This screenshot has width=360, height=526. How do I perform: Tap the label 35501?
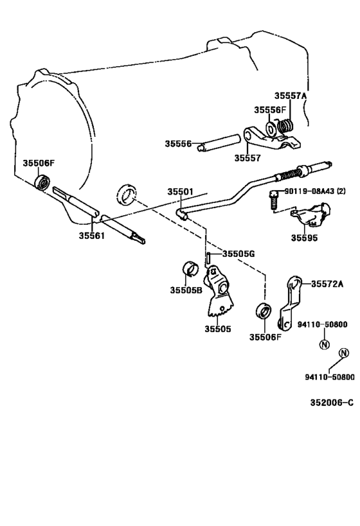(181, 191)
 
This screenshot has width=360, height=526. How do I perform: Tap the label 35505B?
(186, 290)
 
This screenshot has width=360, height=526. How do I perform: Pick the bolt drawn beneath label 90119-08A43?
(274, 201)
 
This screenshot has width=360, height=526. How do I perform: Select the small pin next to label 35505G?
(210, 258)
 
